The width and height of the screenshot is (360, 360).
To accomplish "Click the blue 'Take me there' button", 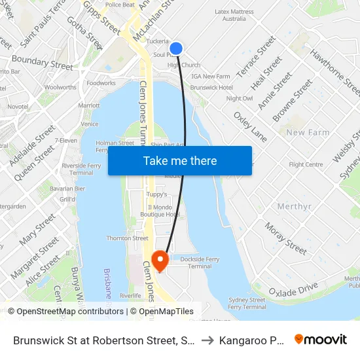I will point(180,161).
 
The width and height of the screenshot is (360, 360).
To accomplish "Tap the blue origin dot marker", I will point(176,48).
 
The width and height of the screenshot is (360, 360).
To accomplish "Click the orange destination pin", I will point(160,261).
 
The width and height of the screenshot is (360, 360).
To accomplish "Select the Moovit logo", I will point(321,340).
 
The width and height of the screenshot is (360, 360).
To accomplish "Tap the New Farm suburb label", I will point(308,133).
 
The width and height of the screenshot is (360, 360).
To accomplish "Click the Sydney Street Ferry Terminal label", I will point(247,303).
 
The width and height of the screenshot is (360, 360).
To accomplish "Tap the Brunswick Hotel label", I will point(211,87).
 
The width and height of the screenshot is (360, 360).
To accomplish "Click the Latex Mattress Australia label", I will point(234,15).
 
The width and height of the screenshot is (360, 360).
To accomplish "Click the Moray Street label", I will point(285,238).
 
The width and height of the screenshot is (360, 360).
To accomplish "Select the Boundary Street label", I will point(43,64).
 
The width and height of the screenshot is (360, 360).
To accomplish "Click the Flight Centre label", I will point(306,165).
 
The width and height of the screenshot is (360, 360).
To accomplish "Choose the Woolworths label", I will point(60,87).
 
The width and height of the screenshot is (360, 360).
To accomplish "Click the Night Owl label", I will point(239,98).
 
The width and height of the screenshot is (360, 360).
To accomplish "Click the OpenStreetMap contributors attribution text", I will point(66,312).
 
